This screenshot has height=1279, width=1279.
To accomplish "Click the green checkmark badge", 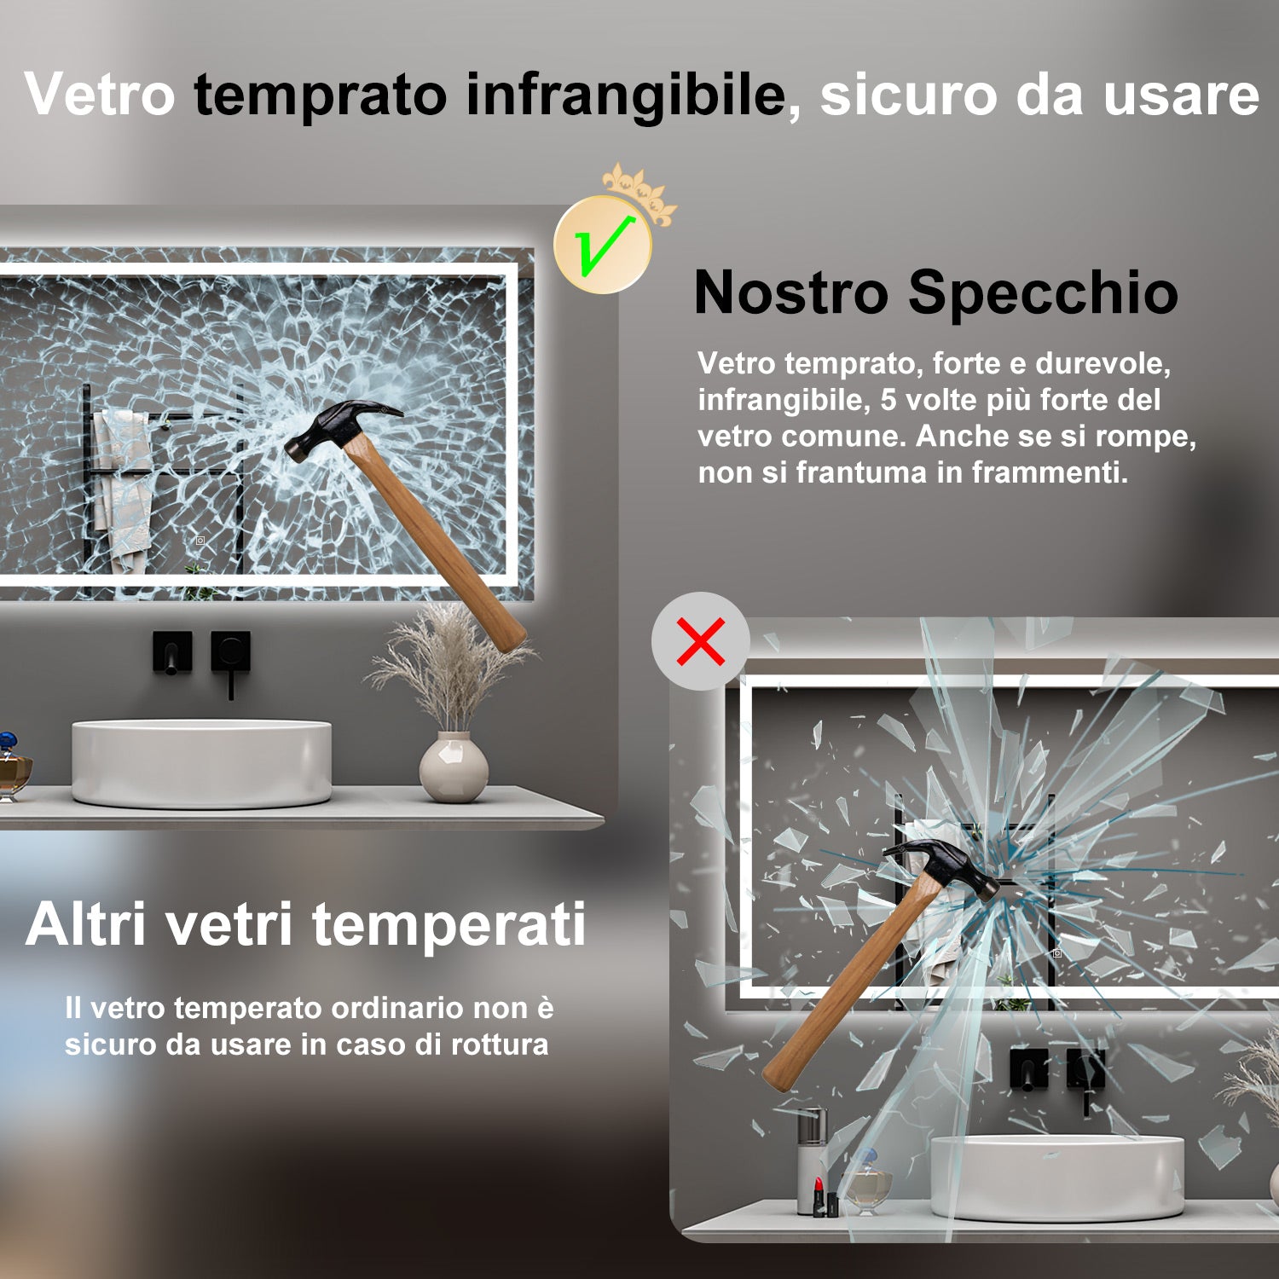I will pos(603,246).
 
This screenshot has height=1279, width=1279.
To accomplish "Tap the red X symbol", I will pos(701,641).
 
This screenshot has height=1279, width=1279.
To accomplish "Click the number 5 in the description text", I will pos(888,400).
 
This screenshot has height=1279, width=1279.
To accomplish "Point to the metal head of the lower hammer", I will pos(946,863).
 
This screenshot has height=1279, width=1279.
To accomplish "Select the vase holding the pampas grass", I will pos(454,767).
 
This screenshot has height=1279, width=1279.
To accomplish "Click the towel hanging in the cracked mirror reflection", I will pos(122,486).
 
